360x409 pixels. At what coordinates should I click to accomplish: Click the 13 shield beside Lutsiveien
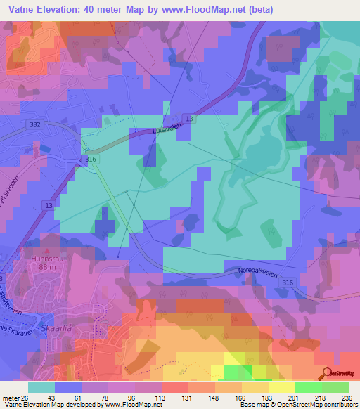pyautogui.click(x=189, y=119)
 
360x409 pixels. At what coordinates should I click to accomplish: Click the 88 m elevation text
pyautogui.click(x=48, y=266)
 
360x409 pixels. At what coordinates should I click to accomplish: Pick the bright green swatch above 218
pyautogui.click(x=309, y=387)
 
